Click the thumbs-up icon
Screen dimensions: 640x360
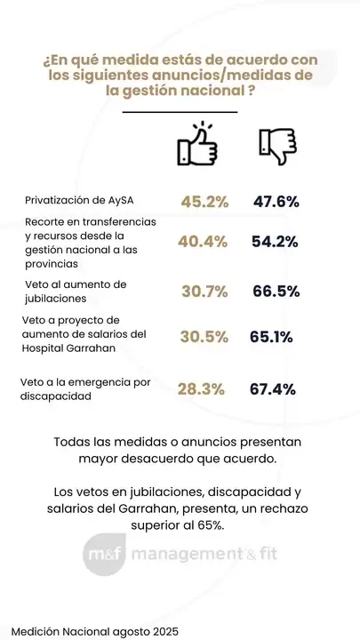coord(197,145)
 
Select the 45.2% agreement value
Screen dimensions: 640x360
coord(204,202)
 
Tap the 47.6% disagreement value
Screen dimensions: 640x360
coord(276,202)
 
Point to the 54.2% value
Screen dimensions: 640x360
coord(276,241)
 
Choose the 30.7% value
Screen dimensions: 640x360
coord(204,292)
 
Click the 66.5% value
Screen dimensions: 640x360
coord(276,292)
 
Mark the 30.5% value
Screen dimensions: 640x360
coord(204,338)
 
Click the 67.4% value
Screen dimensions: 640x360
coord(273,388)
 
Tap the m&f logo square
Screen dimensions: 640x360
coord(102,556)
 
